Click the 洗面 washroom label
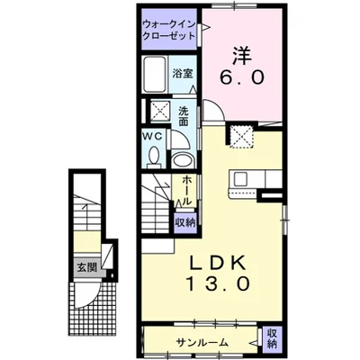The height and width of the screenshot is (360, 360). (184, 117)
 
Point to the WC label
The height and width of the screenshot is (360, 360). (152, 137)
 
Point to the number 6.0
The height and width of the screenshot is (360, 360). (241, 78)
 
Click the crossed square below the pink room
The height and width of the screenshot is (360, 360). (240, 136)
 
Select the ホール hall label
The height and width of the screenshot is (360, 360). (185, 191)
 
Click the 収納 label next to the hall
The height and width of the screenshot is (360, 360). (184, 220)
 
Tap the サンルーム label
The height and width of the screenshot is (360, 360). (202, 343)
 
